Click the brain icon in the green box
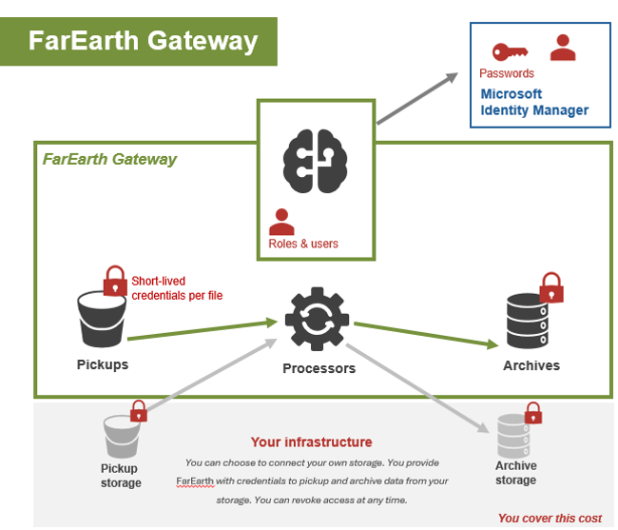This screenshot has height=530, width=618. pos(315,161)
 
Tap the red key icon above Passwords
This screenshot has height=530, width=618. pos(510,51)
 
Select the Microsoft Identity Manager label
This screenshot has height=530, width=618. pos(534,102)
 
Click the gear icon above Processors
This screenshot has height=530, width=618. pos(317,319)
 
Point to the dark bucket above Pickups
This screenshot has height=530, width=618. pos(102,320)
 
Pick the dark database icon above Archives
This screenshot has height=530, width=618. pos(527,321)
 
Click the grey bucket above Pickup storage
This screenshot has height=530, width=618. pos(122,436)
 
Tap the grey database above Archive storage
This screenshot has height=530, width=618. pos(512,436)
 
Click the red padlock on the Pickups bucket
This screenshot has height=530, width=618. pos(115,281)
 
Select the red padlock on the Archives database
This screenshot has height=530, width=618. pos(551,287)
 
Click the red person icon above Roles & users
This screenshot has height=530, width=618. pos(281,222)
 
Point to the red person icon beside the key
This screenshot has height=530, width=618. pos(563,48)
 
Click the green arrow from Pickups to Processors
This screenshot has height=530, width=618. pos(203,330)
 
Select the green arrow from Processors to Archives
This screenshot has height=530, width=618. pos(426,336)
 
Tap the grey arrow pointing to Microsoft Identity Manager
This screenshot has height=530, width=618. pos(417,98)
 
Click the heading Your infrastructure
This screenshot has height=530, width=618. pos(311,442)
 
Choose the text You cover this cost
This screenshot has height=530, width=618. pos(550,519)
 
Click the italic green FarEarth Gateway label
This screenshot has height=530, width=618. pos(109,159)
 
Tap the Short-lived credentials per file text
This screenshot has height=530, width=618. pos(177,288)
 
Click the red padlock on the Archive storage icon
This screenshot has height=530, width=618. pos(532,413)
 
